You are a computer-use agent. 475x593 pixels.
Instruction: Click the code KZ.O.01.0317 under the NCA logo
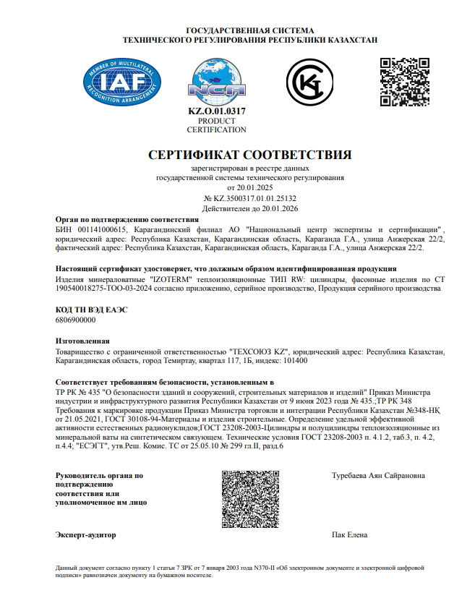216,111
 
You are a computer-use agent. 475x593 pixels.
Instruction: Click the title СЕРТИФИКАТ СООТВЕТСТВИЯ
249,155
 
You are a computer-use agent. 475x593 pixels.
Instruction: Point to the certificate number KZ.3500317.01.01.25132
254,197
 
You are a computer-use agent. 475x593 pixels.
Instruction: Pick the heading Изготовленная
82,340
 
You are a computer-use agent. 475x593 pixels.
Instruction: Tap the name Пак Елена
348,536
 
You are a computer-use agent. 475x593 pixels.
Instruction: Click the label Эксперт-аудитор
85,536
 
